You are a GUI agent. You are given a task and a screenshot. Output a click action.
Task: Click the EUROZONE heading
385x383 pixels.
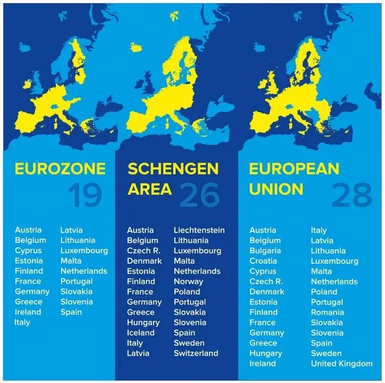[x=59, y=168]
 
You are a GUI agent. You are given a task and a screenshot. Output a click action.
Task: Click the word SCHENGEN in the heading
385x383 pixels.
[x=173, y=168]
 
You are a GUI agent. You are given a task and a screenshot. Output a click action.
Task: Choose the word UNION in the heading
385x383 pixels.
[x=276, y=189]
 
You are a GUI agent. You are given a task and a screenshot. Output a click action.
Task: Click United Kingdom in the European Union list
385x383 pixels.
[x=342, y=364]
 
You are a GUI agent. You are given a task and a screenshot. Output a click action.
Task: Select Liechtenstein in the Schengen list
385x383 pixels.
[x=199, y=230]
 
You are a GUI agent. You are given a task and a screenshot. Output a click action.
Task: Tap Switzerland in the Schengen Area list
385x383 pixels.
[x=196, y=353]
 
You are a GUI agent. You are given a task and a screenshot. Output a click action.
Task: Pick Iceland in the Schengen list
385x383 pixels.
[x=141, y=333]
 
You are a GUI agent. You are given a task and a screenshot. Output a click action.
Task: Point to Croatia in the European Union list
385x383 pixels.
[x=263, y=261]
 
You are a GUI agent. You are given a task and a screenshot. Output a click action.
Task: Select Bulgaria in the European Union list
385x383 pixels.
[x=265, y=251]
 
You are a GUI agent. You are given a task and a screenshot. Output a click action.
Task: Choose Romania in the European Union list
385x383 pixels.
[x=327, y=312]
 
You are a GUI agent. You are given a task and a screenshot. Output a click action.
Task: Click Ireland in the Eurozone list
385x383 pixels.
[x=28, y=312]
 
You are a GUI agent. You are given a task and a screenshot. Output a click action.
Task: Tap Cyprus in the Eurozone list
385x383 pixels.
[x=28, y=251]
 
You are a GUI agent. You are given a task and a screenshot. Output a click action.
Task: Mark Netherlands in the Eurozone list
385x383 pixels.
[x=84, y=271]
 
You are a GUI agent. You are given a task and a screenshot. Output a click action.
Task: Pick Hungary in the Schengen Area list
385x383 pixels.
[x=143, y=323]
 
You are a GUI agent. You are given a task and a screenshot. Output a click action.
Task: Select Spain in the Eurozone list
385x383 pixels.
[x=71, y=312]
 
